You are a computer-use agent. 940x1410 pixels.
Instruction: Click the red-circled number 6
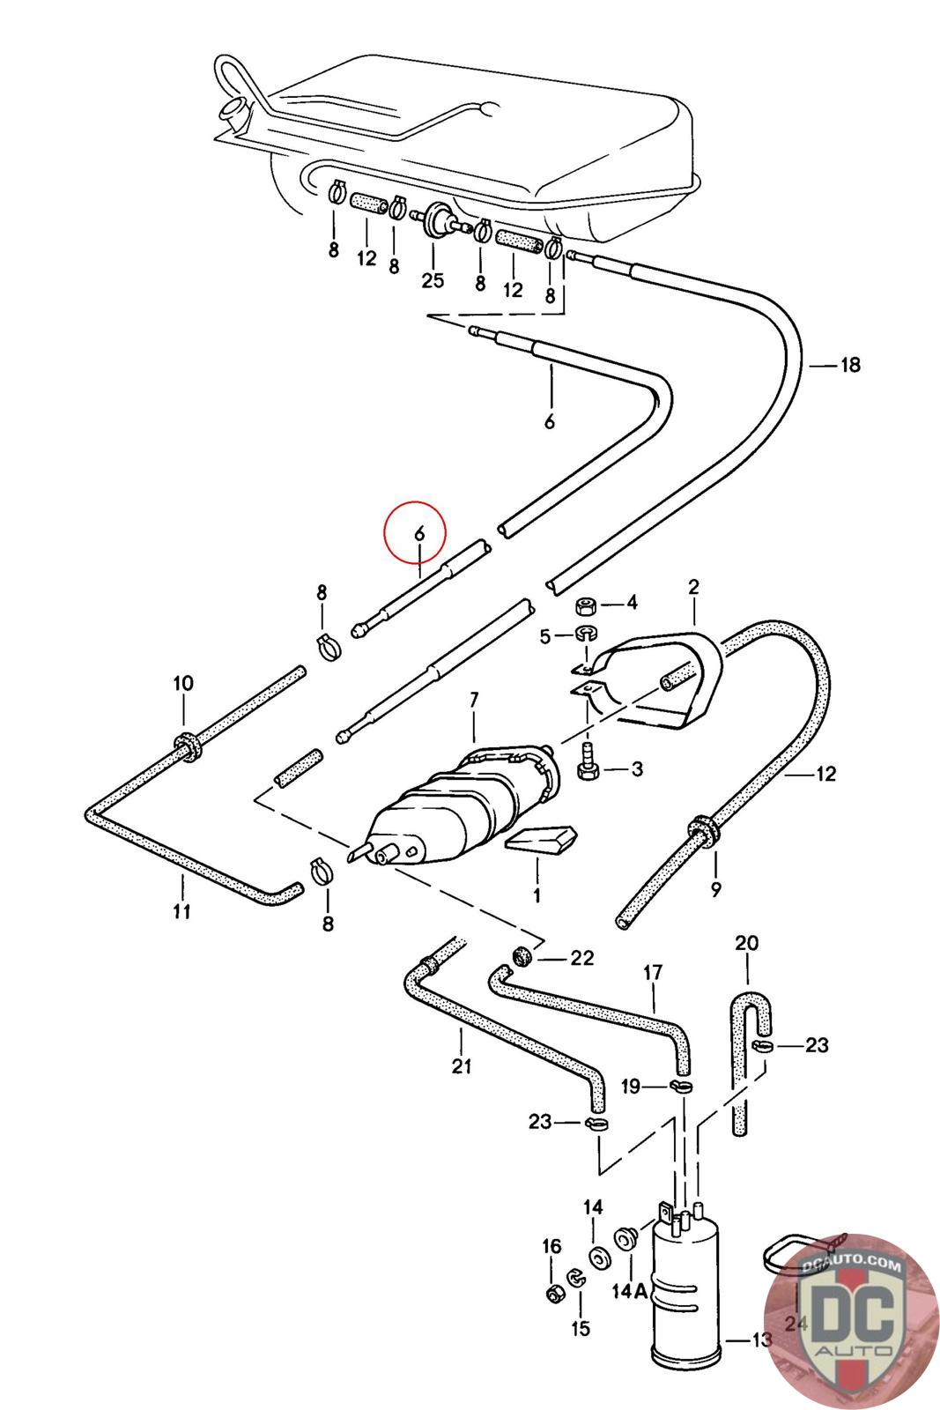(x=419, y=534)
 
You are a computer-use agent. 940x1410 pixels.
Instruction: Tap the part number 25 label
(x=433, y=281)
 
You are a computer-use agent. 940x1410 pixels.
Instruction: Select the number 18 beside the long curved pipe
(x=849, y=365)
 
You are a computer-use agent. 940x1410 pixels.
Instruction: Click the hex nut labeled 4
(x=586, y=606)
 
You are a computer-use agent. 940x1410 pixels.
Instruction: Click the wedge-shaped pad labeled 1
(x=542, y=841)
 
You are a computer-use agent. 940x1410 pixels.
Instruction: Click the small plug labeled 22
(x=521, y=955)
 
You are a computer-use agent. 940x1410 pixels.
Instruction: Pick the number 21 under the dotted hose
(x=462, y=1067)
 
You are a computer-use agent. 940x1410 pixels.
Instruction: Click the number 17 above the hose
(x=653, y=974)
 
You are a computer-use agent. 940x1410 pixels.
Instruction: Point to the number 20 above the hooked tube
(x=746, y=944)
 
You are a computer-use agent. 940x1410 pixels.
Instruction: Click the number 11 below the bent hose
(x=181, y=911)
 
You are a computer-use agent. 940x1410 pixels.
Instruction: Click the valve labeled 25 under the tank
(x=437, y=219)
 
